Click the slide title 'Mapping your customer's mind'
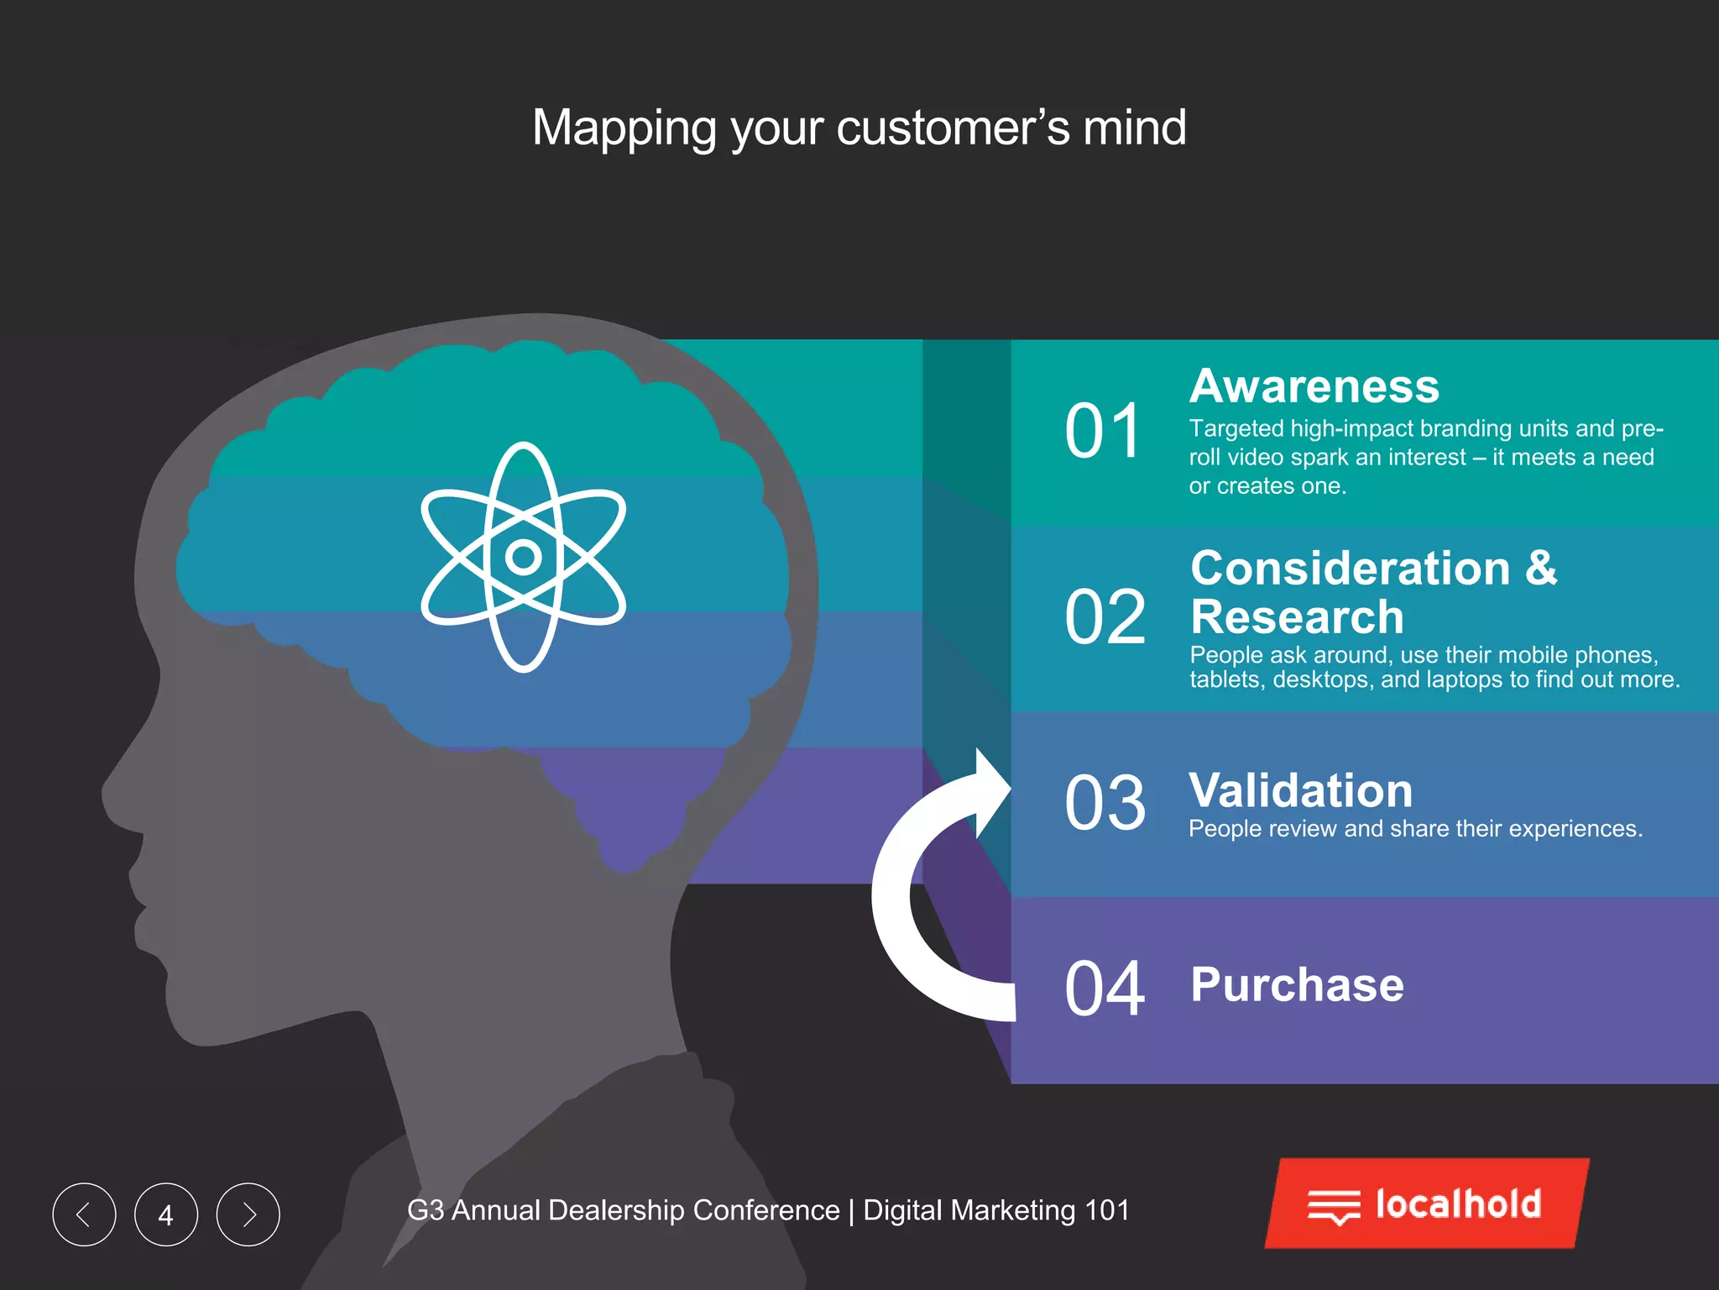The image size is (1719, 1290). (859, 128)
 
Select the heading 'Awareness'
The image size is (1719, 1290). (1314, 386)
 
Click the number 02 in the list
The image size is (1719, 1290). (1105, 617)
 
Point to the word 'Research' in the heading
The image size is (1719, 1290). (1297, 617)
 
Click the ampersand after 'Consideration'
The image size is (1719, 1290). (1541, 568)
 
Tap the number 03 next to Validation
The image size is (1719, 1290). (1105, 803)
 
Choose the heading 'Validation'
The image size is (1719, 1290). (1300, 790)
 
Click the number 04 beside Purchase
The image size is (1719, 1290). (1105, 988)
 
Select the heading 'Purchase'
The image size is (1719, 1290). (1297, 984)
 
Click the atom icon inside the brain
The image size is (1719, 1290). (523, 556)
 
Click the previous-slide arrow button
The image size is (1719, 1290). (84, 1214)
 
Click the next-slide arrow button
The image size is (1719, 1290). (248, 1214)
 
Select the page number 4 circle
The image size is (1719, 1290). (166, 1214)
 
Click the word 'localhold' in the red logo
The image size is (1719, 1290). (1458, 1203)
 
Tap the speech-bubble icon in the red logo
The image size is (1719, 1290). (1333, 1207)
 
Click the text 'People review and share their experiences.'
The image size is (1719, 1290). (1415, 829)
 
